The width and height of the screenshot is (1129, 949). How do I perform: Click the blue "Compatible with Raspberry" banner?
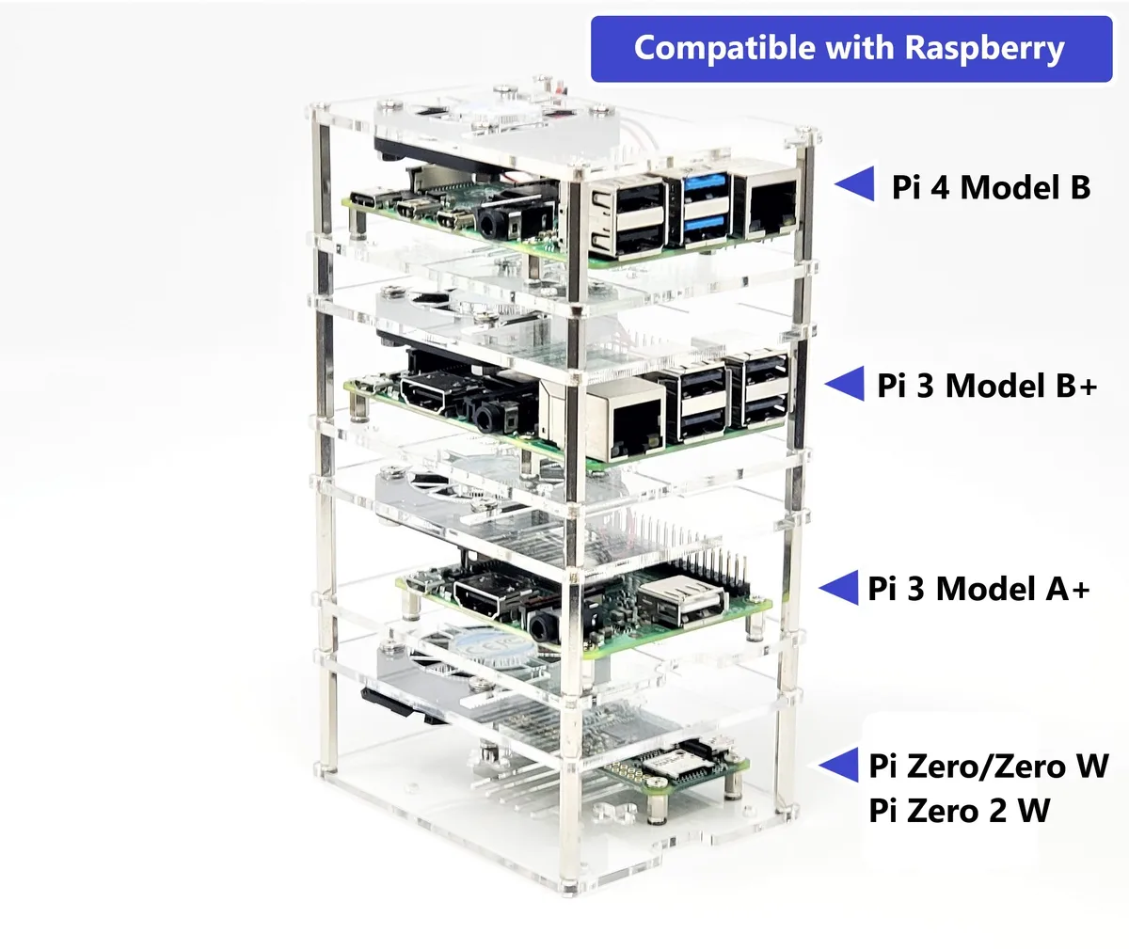851,49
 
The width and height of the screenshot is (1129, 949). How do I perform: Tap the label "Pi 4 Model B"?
991,187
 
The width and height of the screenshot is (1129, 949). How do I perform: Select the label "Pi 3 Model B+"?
987,386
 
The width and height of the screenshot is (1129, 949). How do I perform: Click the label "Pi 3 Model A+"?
978,589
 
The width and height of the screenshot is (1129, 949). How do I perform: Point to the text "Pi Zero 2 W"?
960,811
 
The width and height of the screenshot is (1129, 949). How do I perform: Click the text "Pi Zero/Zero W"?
989,766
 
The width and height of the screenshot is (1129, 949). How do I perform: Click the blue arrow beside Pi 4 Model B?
855,183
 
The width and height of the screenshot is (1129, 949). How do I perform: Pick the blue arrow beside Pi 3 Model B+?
845,384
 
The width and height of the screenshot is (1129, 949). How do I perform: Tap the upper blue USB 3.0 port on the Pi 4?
702,186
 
